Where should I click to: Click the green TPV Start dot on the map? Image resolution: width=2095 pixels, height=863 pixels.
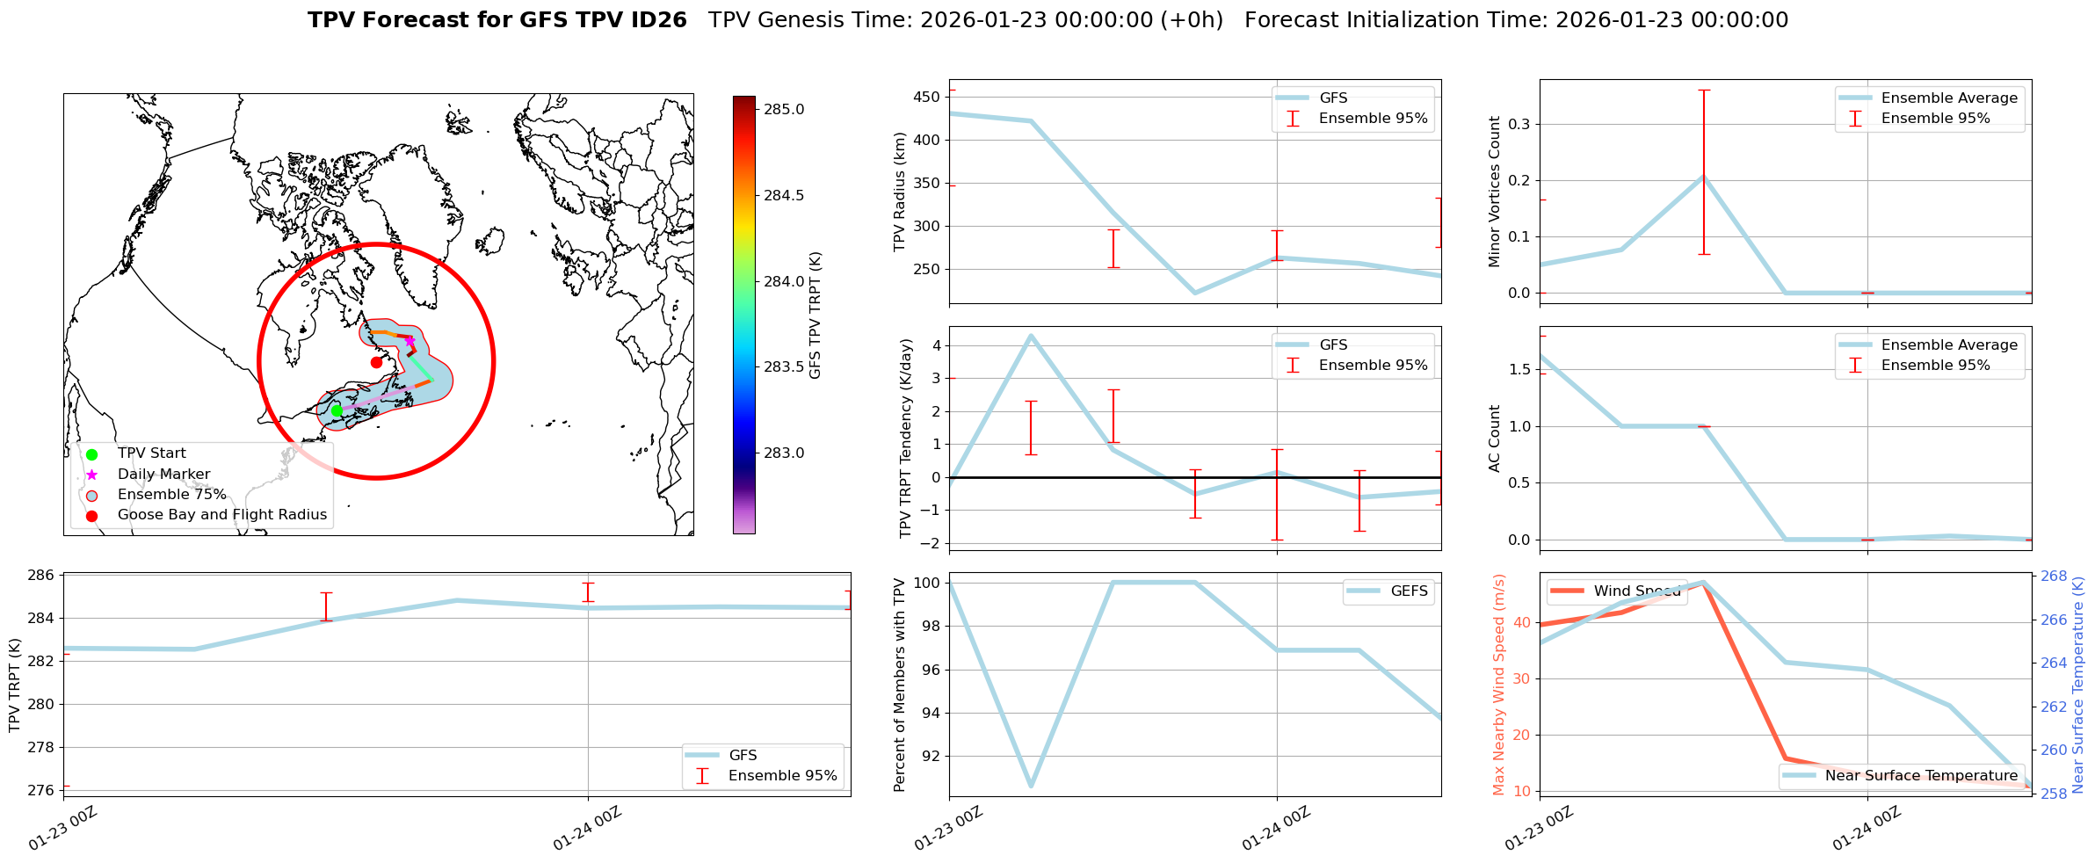(x=337, y=410)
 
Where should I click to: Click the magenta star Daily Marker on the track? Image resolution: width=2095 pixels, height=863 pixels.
(x=410, y=341)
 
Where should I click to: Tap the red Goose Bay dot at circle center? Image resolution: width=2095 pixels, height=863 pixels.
(x=376, y=362)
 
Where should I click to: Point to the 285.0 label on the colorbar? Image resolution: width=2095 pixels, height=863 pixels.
(x=784, y=110)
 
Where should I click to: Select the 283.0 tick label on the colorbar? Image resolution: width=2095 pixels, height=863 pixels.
(x=784, y=453)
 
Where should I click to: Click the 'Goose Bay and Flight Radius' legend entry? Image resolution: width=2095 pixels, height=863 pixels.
(x=221, y=515)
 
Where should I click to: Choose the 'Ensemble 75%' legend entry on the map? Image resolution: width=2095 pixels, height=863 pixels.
(x=171, y=495)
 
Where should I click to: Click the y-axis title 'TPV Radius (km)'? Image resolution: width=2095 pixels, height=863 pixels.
(x=900, y=192)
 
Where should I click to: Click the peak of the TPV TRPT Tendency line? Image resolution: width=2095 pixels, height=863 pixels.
(x=1031, y=335)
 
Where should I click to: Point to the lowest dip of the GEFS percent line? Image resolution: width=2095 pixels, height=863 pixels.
(x=1031, y=786)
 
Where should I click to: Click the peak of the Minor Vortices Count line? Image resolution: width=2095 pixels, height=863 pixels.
(x=1703, y=177)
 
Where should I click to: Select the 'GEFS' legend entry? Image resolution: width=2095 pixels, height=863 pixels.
(x=1409, y=591)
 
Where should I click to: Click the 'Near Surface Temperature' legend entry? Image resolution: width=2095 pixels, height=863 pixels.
(x=1921, y=776)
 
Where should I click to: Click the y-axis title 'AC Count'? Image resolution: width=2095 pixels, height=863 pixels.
(x=1494, y=439)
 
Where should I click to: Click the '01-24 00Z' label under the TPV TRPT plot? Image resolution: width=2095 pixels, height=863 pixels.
(x=587, y=829)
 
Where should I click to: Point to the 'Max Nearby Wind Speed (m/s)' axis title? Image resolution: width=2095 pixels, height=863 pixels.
(x=1499, y=685)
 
